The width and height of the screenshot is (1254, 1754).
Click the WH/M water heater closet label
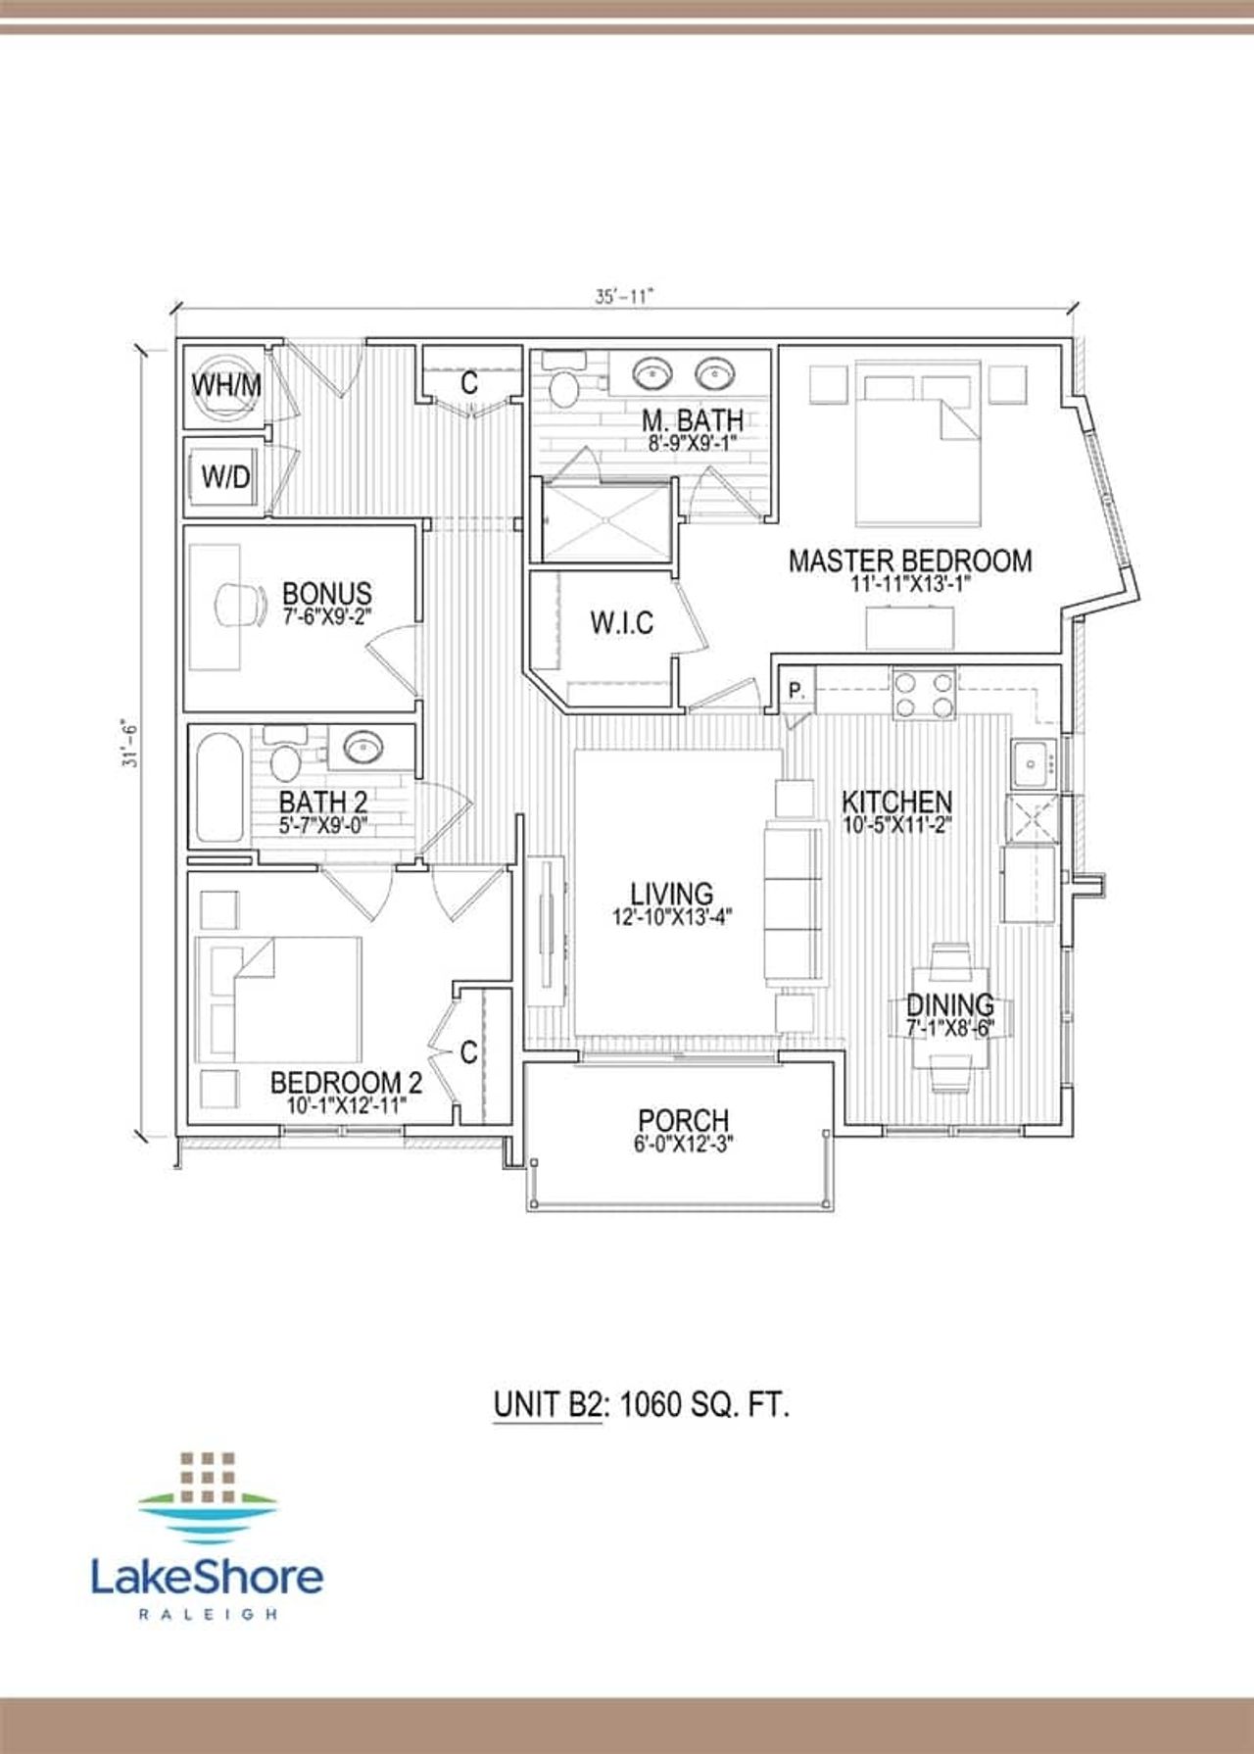(226, 384)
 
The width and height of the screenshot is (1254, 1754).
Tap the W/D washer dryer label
(225, 477)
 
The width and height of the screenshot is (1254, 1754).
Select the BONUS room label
(326, 593)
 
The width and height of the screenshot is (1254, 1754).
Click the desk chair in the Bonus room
(241, 606)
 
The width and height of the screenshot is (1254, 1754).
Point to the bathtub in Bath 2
(218, 791)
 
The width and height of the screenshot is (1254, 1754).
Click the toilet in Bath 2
(285, 759)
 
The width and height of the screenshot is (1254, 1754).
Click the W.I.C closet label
(621, 622)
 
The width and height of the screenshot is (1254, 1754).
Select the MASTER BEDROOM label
(910, 560)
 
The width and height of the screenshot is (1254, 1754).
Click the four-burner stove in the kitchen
(922, 694)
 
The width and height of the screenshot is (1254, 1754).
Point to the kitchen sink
(1033, 763)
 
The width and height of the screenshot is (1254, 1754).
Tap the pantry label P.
(796, 690)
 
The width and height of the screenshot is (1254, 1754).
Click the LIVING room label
(671, 893)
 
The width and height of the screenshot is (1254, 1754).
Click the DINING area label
(949, 1004)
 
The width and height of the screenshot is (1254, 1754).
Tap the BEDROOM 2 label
(346, 1083)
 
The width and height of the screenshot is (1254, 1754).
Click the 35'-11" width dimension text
(623, 296)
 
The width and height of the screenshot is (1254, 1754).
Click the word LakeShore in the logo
(207, 1576)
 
